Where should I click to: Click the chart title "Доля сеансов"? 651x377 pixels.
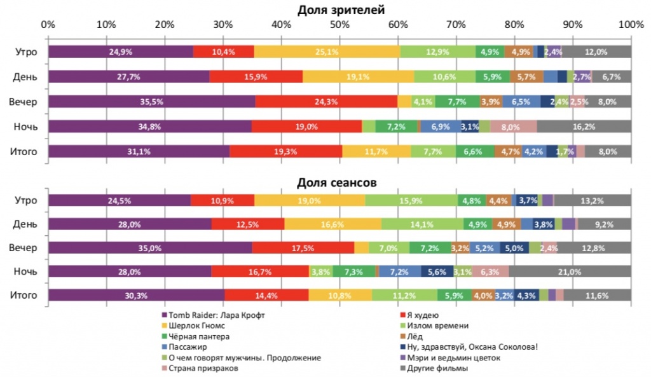[338, 183]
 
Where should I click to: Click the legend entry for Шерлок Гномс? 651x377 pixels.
[194, 326]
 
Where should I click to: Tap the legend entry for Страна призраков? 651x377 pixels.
[199, 368]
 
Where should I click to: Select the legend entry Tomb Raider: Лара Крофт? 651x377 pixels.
[213, 315]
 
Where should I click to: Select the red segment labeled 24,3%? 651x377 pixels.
[326, 102]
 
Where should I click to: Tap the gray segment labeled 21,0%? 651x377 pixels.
[569, 271]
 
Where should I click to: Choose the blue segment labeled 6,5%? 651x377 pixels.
[521, 102]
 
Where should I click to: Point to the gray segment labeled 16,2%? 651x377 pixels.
[583, 127]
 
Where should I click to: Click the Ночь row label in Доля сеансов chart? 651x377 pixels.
[25, 271]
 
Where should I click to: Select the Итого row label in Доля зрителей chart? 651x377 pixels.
[25, 151]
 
